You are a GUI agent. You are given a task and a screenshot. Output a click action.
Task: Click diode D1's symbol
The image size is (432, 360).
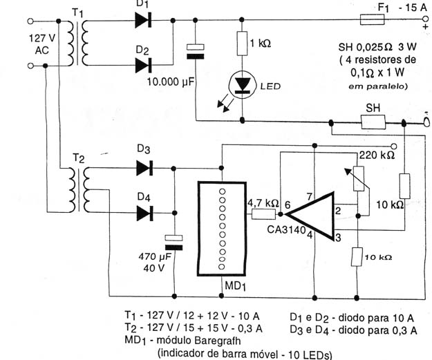[x=143, y=20]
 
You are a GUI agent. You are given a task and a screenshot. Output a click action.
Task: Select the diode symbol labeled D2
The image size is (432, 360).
[x=143, y=65]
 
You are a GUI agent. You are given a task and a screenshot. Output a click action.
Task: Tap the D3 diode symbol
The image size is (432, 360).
[x=144, y=168]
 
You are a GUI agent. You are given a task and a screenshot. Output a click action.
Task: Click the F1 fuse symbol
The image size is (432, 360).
[x=373, y=19]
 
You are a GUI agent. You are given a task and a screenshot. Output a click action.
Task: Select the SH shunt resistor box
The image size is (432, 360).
[x=373, y=122]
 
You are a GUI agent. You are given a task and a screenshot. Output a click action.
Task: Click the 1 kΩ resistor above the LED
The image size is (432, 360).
[x=242, y=44]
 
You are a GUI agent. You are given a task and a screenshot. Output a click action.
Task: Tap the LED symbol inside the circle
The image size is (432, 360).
[x=243, y=84]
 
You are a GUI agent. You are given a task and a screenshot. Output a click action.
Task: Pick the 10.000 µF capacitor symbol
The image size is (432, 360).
[x=196, y=52]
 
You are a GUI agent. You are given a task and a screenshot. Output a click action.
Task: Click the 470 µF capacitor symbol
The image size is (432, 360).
[x=173, y=243]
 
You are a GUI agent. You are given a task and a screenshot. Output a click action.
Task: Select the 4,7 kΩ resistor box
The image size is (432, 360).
[x=263, y=214]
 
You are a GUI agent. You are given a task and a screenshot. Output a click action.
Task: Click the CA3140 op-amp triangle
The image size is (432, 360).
[x=310, y=216]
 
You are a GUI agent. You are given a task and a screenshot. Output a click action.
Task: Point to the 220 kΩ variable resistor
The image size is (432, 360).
[x=359, y=179]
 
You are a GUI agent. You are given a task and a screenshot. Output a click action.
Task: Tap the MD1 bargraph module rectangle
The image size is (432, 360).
[x=222, y=229]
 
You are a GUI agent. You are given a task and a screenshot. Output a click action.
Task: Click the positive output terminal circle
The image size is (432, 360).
[x=426, y=19]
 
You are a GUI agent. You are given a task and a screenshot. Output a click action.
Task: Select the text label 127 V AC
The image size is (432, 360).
[x=42, y=44]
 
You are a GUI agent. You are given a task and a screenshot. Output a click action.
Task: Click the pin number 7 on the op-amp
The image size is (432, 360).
[x=310, y=197]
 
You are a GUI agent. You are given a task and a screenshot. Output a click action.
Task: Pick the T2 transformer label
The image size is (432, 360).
[x=79, y=158]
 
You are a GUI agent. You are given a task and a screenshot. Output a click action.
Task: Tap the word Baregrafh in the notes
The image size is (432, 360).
[x=217, y=341]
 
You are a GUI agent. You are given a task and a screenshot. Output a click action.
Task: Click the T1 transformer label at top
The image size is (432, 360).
[x=77, y=13]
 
